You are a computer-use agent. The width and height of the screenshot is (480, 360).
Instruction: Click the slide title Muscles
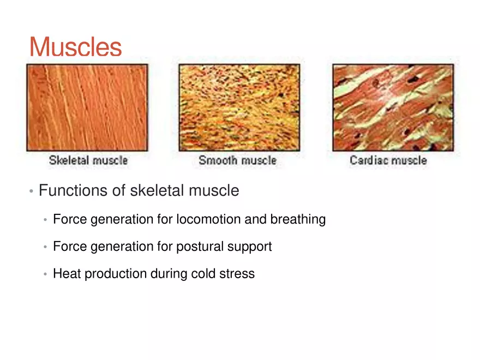75,47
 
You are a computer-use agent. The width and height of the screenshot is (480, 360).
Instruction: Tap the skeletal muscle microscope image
87,107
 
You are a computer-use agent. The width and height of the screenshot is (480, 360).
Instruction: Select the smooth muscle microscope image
239,107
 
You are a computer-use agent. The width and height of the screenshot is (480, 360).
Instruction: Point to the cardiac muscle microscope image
393,107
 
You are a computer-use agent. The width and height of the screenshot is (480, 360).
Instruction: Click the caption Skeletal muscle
88,160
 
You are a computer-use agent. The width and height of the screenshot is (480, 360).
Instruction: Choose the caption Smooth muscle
237,160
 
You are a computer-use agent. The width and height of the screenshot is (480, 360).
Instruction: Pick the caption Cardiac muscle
388,160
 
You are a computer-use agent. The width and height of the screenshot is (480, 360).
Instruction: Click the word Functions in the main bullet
73,191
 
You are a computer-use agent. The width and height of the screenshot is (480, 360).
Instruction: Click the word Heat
64,273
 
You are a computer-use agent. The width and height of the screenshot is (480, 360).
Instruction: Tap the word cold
202,273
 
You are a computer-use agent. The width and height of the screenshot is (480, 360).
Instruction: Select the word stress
237,273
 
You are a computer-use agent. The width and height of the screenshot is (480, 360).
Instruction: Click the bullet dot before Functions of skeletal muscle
32,191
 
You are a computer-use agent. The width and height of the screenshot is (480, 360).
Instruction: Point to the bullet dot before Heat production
46,274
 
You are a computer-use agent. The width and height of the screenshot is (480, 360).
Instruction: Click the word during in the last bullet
165,274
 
